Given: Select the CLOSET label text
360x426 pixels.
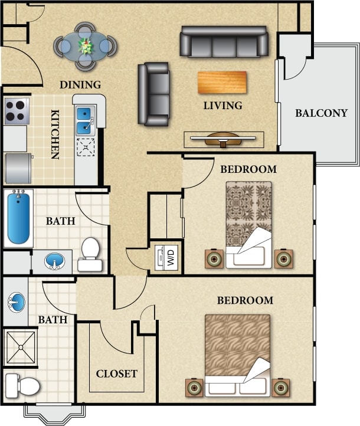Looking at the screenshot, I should [117, 373].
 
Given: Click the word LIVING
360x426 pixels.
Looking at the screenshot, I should [222, 106].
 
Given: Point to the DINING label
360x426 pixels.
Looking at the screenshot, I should [80, 85].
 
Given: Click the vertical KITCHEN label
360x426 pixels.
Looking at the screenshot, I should [54, 135].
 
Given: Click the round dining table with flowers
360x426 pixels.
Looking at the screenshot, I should [86, 45].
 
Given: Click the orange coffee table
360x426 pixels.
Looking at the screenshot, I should [222, 82].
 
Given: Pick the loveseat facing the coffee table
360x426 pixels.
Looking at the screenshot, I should [153, 94].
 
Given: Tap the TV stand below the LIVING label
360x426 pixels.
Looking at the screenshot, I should [224, 139].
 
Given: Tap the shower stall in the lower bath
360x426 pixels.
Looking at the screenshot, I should [20, 347].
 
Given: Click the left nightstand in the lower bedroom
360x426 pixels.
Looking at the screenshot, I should [195, 388].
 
